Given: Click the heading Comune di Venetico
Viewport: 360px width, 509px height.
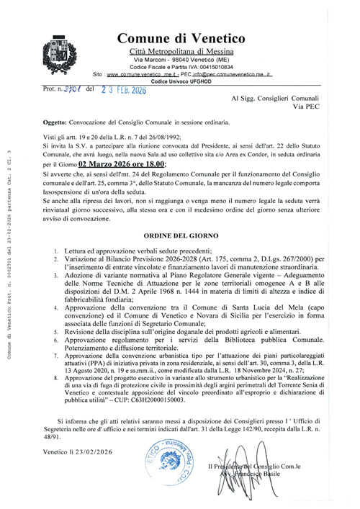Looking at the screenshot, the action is tap(181, 39).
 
